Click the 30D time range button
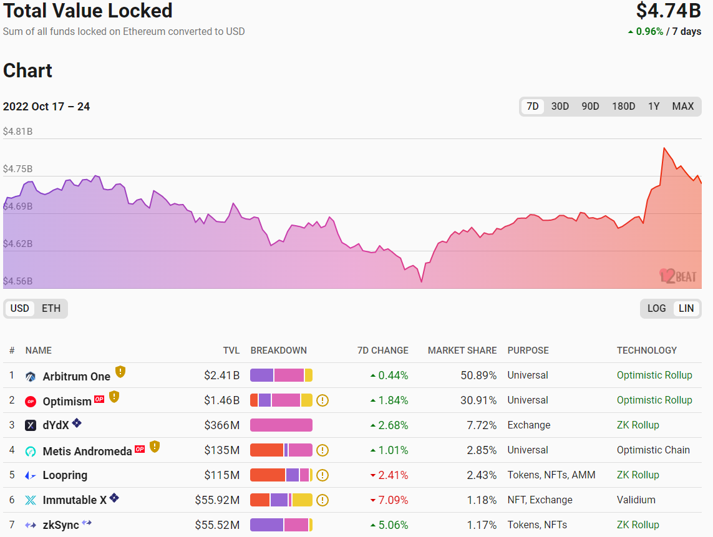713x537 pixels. pyautogui.click(x=560, y=107)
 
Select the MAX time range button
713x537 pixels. pyautogui.click(x=682, y=107)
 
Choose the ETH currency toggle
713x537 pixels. pyautogui.click(x=51, y=308)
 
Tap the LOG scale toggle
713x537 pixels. pyautogui.click(x=656, y=308)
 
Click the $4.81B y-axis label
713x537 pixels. pyautogui.click(x=17, y=132)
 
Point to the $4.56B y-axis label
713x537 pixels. pyautogui.click(x=17, y=281)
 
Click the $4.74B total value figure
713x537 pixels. pyautogui.click(x=669, y=11)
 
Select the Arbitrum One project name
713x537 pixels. pyautogui.click(x=76, y=376)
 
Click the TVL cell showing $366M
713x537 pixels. pyautogui.click(x=221, y=425)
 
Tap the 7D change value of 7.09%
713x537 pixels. pyautogui.click(x=393, y=500)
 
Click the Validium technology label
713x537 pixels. pyautogui.click(x=636, y=500)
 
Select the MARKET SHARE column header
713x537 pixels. pyautogui.click(x=462, y=351)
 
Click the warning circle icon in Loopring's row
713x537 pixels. pyautogui.click(x=323, y=475)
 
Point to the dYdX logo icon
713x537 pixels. pyautogui.click(x=31, y=425)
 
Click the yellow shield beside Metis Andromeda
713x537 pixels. pyautogui.click(x=155, y=447)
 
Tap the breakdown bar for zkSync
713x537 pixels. pyautogui.click(x=281, y=525)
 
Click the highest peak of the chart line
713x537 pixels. pyautogui.click(x=664, y=148)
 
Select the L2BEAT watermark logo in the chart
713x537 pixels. pyautogui.click(x=678, y=276)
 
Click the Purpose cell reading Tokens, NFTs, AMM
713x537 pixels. pyautogui.click(x=551, y=475)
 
